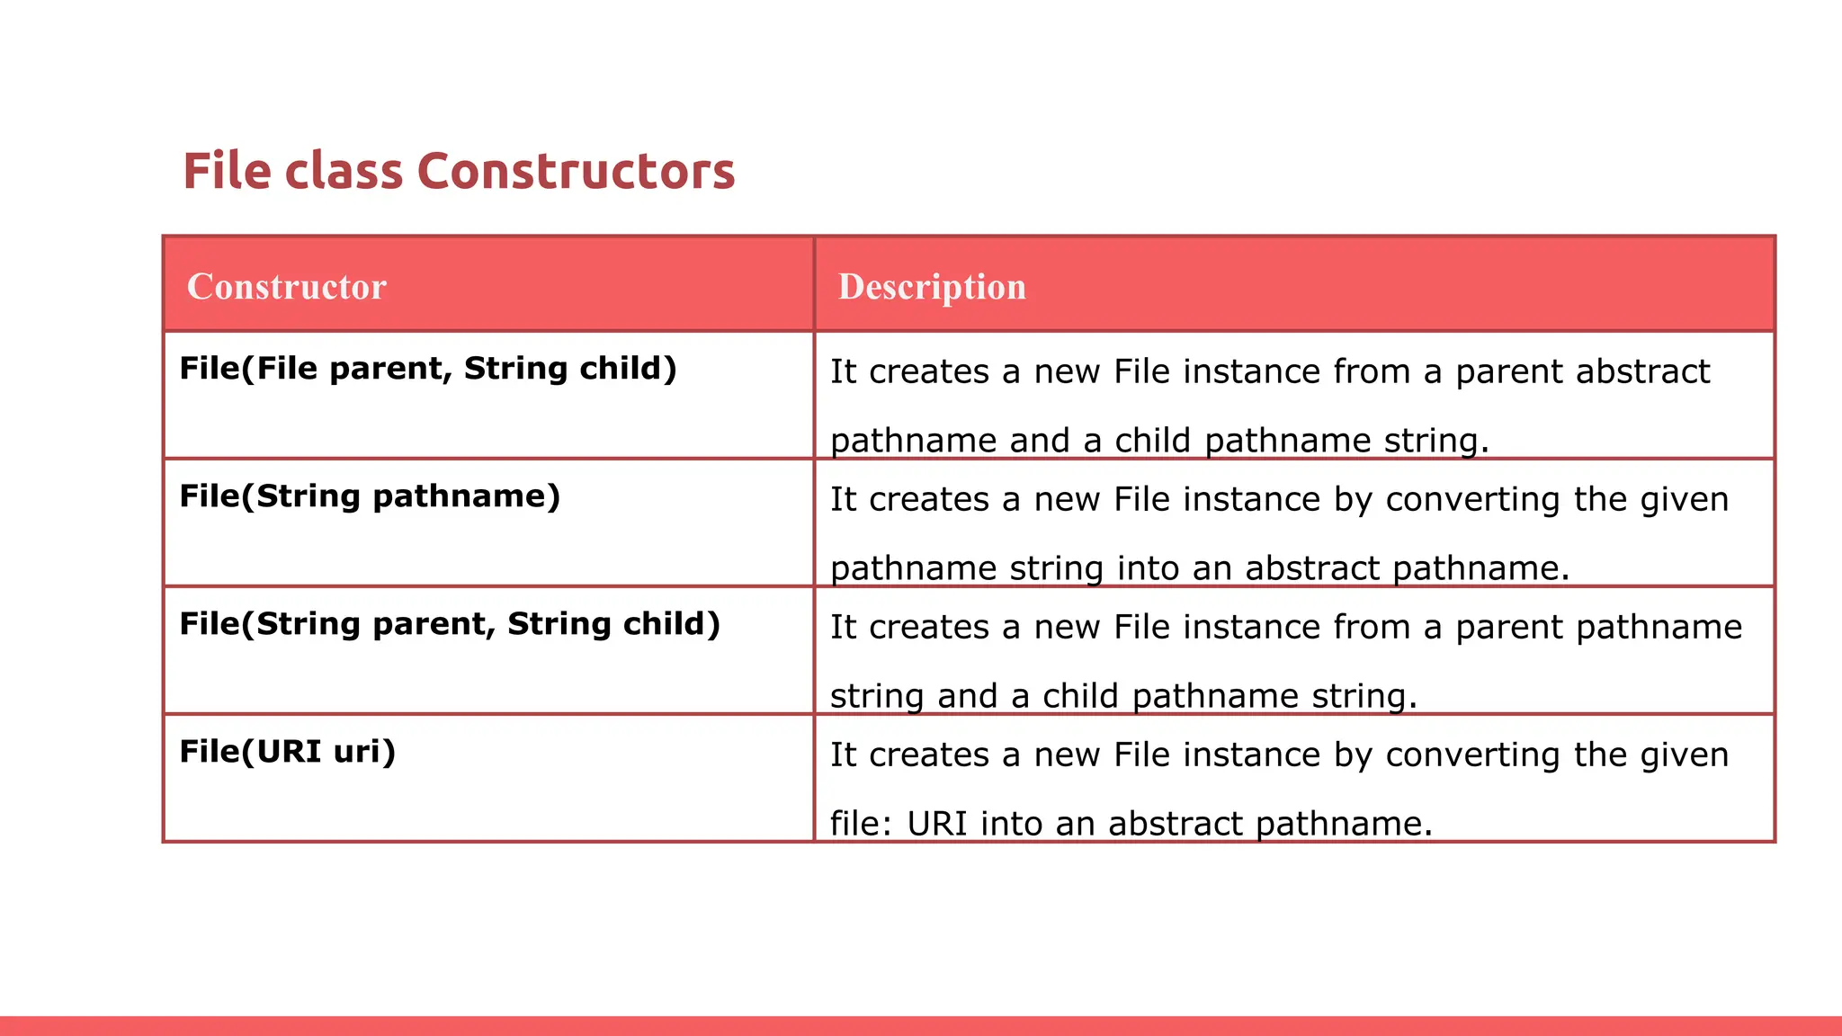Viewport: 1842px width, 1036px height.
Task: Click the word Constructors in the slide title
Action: click(576, 171)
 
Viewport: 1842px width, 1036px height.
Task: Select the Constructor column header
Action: click(286, 286)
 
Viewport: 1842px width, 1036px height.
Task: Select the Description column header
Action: click(932, 286)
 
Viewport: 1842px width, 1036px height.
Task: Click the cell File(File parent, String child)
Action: click(428, 369)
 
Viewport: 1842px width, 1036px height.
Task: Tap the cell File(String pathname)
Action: click(370, 496)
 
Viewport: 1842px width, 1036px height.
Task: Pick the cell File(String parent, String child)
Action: click(450, 624)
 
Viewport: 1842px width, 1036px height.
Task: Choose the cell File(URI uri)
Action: click(287, 752)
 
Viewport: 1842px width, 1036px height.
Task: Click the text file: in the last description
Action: click(860, 824)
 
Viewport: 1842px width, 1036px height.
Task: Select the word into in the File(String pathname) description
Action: click(1148, 568)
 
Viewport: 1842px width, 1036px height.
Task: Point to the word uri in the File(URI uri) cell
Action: click(363, 752)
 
